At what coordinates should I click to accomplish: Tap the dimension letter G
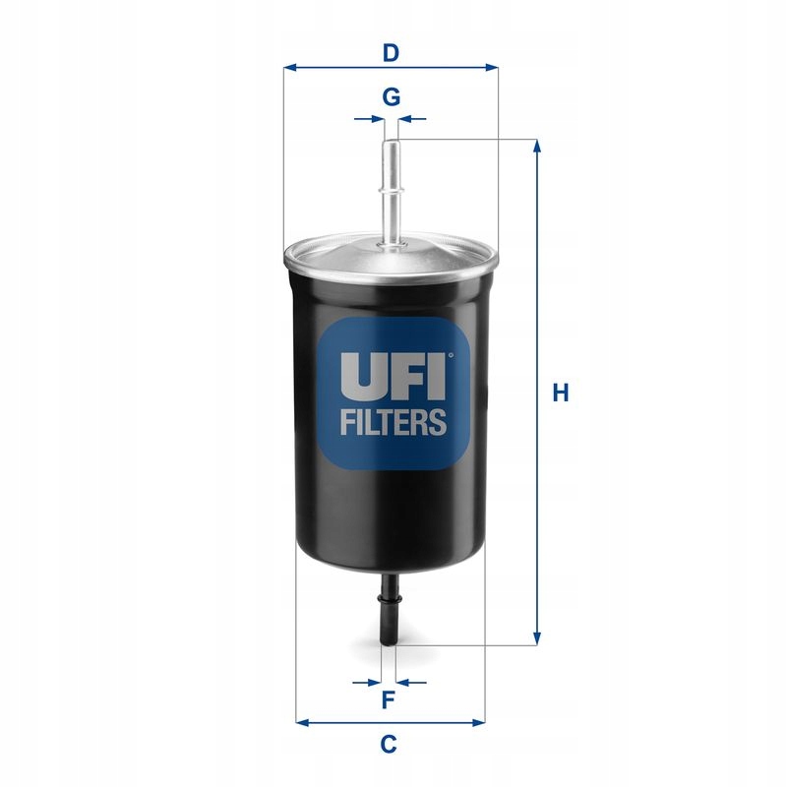pyautogui.click(x=391, y=97)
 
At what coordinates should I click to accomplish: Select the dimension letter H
pyautogui.click(x=561, y=393)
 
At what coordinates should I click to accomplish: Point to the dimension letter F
pyautogui.click(x=389, y=700)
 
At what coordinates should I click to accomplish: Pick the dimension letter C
pyautogui.click(x=389, y=745)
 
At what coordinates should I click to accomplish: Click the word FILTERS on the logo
pyautogui.click(x=393, y=423)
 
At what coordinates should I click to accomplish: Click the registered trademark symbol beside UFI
pyautogui.click(x=451, y=356)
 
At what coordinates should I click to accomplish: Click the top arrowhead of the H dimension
pyautogui.click(x=537, y=146)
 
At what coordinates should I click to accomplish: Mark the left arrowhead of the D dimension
pyautogui.click(x=289, y=68)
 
